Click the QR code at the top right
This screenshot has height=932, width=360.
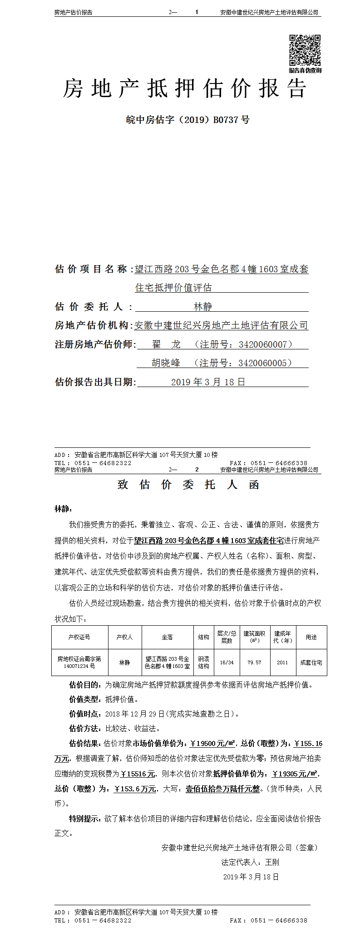[305, 50]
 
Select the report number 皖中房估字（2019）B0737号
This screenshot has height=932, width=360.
[187, 120]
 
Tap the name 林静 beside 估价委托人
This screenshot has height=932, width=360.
[202, 307]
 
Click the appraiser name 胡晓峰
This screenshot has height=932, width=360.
[166, 363]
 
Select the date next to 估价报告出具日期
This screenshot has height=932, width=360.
[208, 382]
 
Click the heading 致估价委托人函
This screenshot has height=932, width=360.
[188, 485]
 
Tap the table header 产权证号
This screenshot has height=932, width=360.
[79, 637]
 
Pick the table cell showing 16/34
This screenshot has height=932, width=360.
[227, 662]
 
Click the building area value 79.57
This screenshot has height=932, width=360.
[254, 662]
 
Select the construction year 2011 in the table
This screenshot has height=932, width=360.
[282, 662]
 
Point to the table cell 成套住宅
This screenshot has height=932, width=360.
[311, 662]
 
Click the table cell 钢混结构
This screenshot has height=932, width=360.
[203, 662]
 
